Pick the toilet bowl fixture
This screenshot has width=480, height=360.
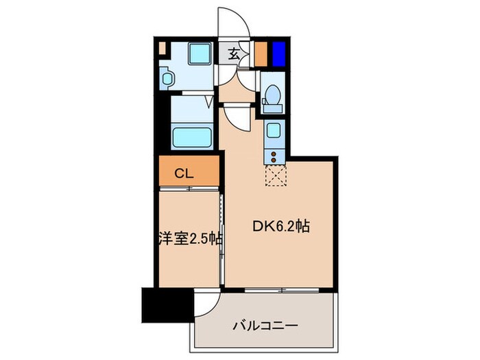coord(272,97)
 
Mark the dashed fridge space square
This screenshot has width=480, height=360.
coord(274,175)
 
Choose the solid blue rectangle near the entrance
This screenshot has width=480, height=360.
coord(278,53)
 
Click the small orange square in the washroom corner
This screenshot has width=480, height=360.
coord(162,49)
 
